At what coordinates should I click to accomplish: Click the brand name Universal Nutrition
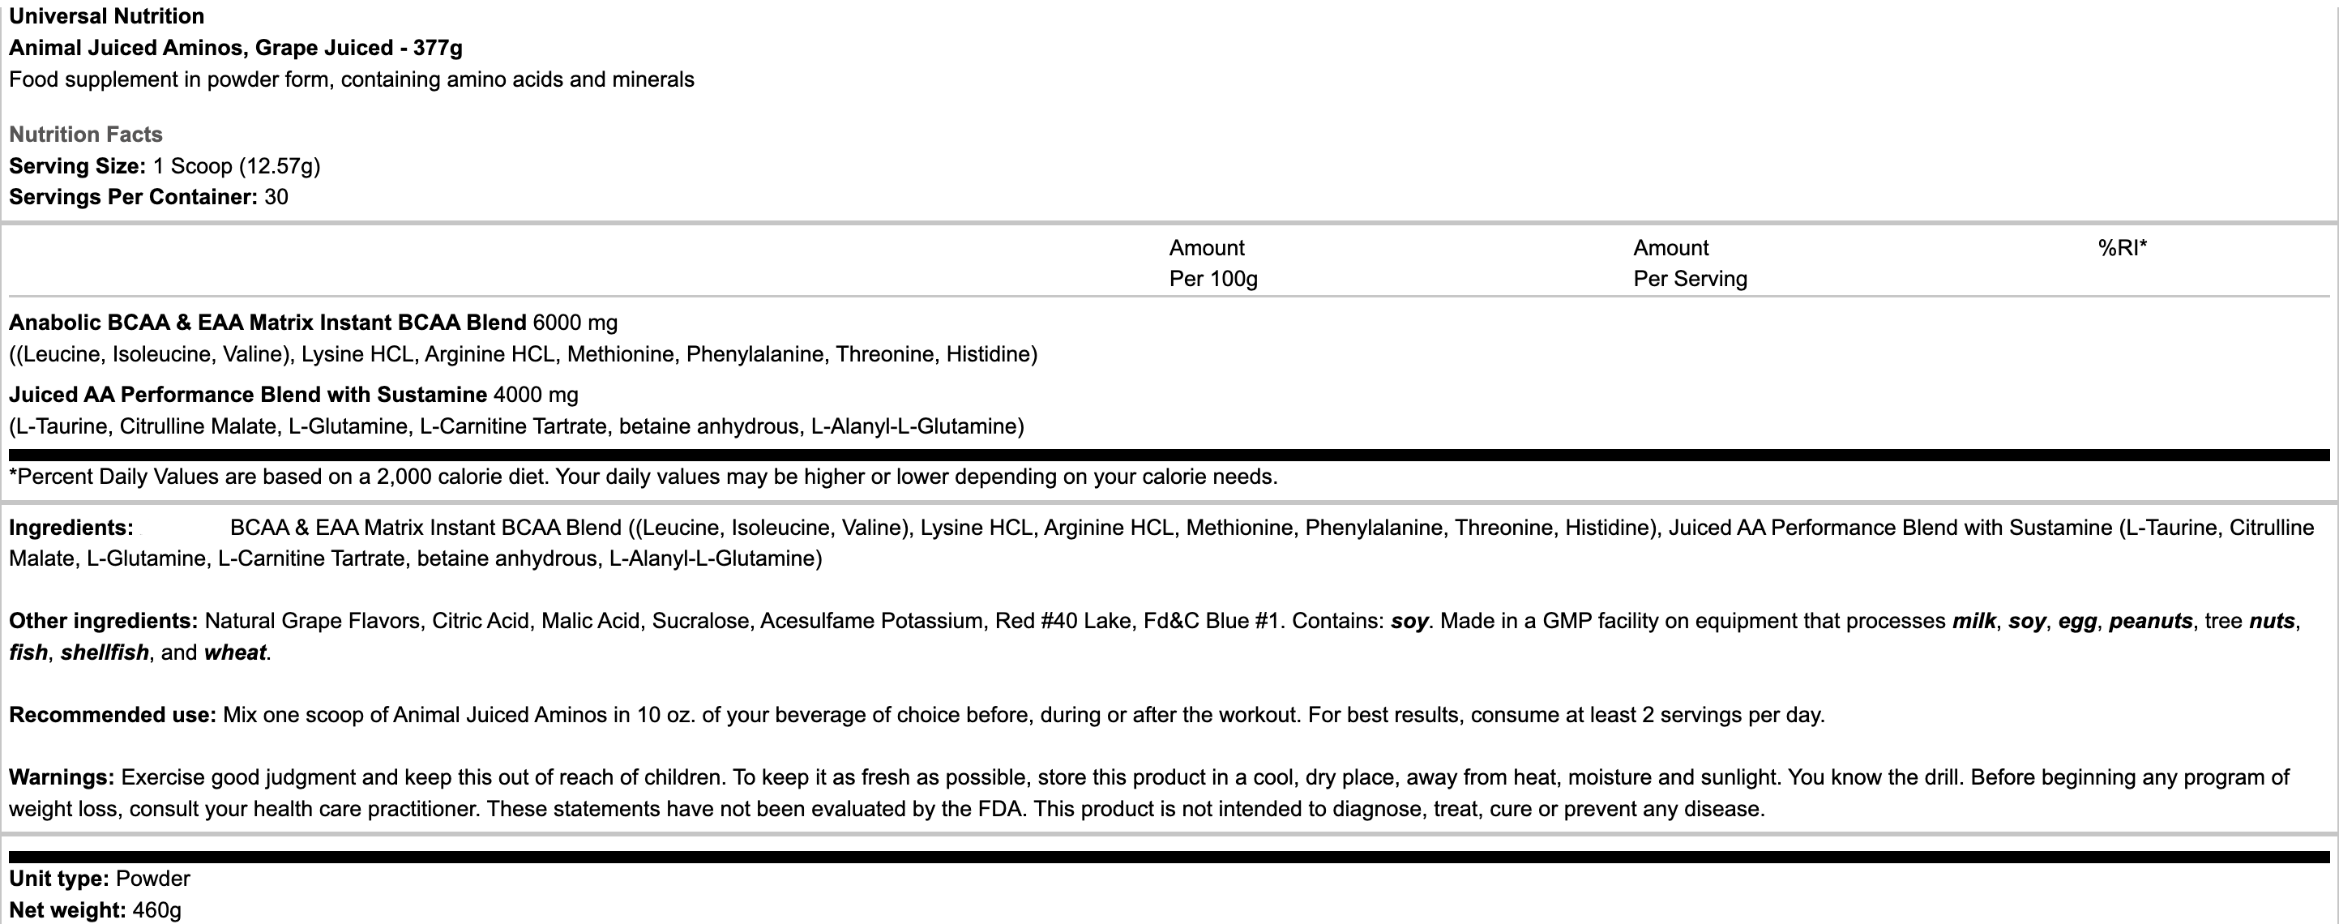[x=106, y=16]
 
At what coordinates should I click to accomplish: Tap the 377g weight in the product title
[x=438, y=47]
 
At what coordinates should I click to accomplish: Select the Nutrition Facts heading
[x=85, y=135]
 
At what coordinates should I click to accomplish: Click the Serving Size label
[x=77, y=166]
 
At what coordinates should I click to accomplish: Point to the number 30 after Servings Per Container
[x=276, y=197]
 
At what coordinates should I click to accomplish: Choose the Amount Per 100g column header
[x=1213, y=263]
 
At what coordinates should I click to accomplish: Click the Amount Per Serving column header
[x=1690, y=263]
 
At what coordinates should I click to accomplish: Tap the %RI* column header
[x=2122, y=248]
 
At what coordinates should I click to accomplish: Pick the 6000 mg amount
[x=575, y=323]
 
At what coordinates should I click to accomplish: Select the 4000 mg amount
[x=535, y=395]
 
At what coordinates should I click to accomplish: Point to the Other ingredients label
[x=103, y=621]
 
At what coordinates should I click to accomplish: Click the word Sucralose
[x=701, y=621]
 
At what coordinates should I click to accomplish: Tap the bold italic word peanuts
[x=2150, y=621]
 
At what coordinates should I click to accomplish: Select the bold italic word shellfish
[x=105, y=652]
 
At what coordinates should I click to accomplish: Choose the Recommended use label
[x=112, y=715]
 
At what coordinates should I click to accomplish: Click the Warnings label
[x=61, y=778]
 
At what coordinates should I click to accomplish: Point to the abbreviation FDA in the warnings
[x=1002, y=809]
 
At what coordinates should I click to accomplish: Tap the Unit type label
[x=58, y=879]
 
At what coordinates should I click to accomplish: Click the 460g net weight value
[x=156, y=909]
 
